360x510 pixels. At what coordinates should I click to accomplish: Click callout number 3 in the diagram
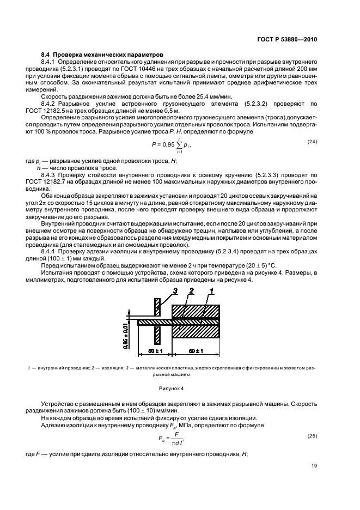[175, 293]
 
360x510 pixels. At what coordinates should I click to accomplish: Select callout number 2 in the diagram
[191, 293]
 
